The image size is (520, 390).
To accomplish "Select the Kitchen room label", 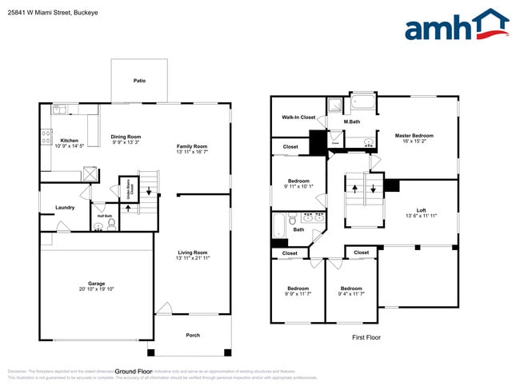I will coord(69,141).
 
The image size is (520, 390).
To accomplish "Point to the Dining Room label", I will coord(126,137).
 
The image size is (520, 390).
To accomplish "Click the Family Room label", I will coord(192,146).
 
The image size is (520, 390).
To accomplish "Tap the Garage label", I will coord(96,284).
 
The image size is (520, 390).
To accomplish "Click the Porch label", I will coord(192,335).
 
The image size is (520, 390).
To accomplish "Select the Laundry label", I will coord(65,208).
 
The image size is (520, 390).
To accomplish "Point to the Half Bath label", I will coord(105,216).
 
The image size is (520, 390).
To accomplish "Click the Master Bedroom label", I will coord(414,135).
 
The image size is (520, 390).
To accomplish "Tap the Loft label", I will coord(421,210).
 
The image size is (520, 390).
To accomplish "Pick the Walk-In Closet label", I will coord(298,117).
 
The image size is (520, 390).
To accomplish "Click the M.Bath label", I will coord(352,121).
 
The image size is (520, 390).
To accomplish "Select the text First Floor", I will coord(366,338).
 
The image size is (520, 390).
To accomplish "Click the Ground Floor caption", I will coord(134,372).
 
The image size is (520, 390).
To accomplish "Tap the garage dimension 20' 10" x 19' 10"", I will coord(96,289).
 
